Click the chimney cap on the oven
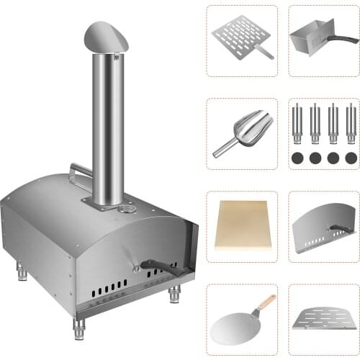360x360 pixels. pos(106,36)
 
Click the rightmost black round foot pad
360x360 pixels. pos(351,157)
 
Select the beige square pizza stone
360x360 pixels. pos(241,225)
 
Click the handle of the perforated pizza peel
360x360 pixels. pos(266,51)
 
